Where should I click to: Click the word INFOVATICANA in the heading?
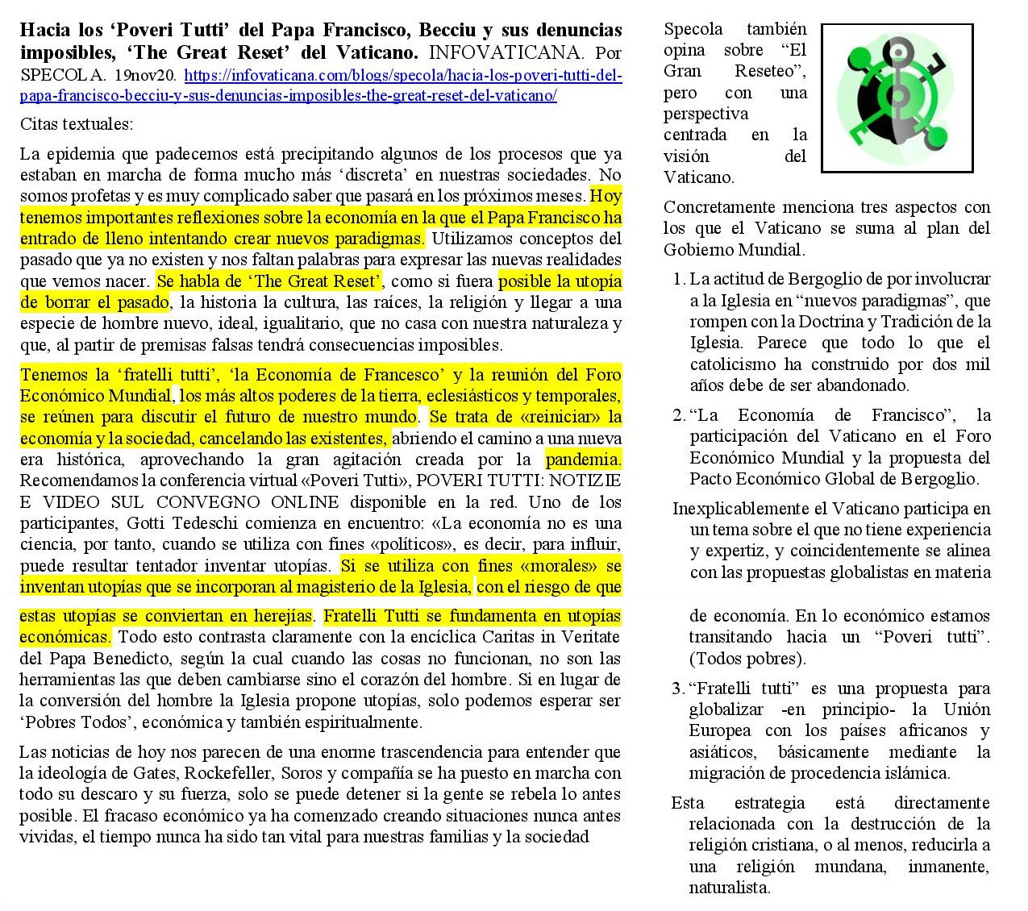pos(505,53)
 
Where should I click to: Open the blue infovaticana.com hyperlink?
pos(403,75)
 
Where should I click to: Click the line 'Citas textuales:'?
pos(76,124)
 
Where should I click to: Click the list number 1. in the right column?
pos(679,279)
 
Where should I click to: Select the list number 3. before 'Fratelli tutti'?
pos(678,688)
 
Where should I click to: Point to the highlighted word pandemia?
pos(583,460)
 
